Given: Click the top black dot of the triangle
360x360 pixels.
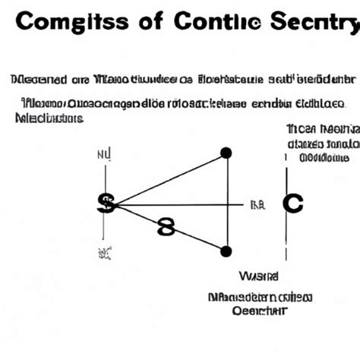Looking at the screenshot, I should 226,153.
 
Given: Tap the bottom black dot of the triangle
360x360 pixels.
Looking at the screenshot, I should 226,251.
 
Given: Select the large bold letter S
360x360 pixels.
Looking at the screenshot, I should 106,204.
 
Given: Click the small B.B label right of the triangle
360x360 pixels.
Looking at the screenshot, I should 257,204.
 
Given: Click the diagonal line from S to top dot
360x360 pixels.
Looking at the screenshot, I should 169,178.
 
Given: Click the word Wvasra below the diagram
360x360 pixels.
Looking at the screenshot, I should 258,276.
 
